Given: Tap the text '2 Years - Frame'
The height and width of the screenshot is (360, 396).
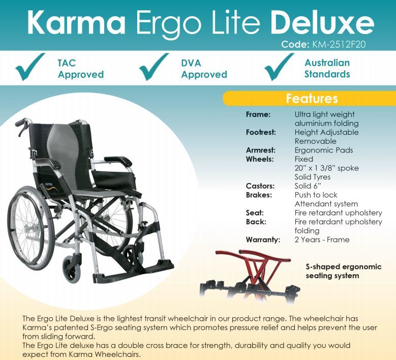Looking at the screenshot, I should tap(322, 239).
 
